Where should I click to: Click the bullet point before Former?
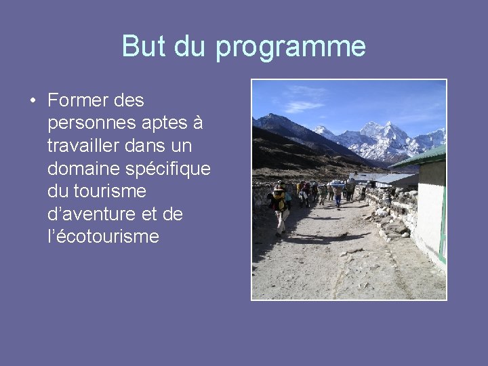click(x=33, y=101)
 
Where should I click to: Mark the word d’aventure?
click(x=93, y=214)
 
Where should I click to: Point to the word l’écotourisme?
click(x=103, y=237)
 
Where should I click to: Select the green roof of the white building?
click(x=422, y=156)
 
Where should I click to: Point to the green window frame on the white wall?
click(x=443, y=224)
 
